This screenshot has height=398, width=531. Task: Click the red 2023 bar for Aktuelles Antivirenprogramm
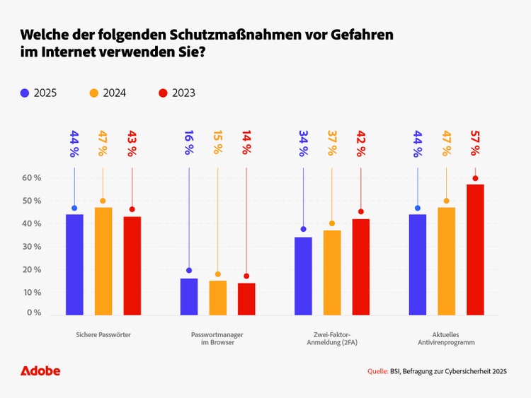coord(475,250)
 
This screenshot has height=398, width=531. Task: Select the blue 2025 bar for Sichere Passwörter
coord(74,264)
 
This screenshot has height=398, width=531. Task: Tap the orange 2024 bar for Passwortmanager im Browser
coord(217,298)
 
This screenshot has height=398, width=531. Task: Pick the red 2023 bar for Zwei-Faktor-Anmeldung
coord(360,267)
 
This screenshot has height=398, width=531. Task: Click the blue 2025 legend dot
coord(25,93)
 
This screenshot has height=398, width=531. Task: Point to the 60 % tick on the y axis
coord(31,177)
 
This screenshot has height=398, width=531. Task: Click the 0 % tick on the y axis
coord(33,312)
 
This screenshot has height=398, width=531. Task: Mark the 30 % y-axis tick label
coord(31,247)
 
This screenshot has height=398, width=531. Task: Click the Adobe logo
coord(40,370)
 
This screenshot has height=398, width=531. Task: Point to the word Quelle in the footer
coord(378,371)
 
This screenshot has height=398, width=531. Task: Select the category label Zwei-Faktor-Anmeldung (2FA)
coord(331,338)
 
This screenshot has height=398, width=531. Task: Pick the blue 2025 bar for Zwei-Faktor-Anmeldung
coord(303,276)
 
